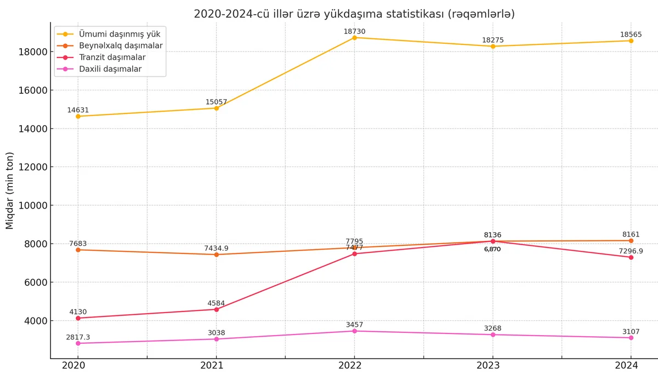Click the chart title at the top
pyautogui.click(x=354, y=14)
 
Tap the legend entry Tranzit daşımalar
pyautogui.click(x=112, y=57)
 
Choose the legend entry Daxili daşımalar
pyautogui.click(x=110, y=69)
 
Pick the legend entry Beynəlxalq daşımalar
pyautogui.click(x=121, y=45)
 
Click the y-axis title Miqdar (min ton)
pyautogui.click(x=10, y=191)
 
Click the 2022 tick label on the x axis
pyautogui.click(x=354, y=366)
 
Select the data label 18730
pyautogui.click(x=354, y=31)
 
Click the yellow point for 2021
pyautogui.click(x=216, y=108)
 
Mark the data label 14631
pyautogui.click(x=78, y=110)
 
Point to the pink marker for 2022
pyautogui.click(x=354, y=331)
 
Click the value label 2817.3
pyautogui.click(x=78, y=337)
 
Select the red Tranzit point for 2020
pyautogui.click(x=78, y=318)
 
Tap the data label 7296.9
pyautogui.click(x=631, y=251)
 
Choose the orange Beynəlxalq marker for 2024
pyautogui.click(x=631, y=241)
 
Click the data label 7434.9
pyautogui.click(x=216, y=249)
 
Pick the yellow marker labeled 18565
pyautogui.click(x=631, y=41)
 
